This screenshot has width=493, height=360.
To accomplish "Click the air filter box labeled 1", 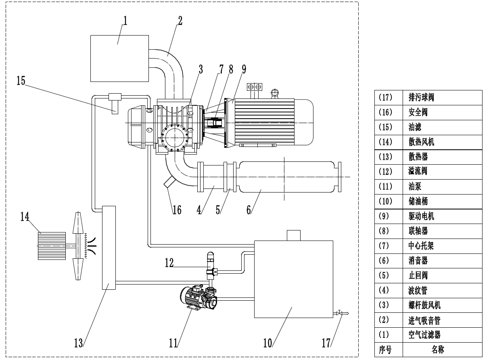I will coord(119,58).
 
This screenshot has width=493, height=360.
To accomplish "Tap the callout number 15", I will coord(21,81).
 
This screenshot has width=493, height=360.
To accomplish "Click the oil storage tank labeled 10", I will coord(293,279).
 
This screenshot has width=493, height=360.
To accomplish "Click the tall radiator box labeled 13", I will coord(109,247).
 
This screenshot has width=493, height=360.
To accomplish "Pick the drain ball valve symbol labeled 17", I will coord(340,313).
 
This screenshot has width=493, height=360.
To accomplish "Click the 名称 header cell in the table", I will coord(439,350).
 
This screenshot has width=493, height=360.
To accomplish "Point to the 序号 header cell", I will coord(385,350).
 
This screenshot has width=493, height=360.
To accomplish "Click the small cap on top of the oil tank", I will coord(293,235).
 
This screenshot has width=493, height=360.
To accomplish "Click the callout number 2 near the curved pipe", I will coord(180,20).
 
